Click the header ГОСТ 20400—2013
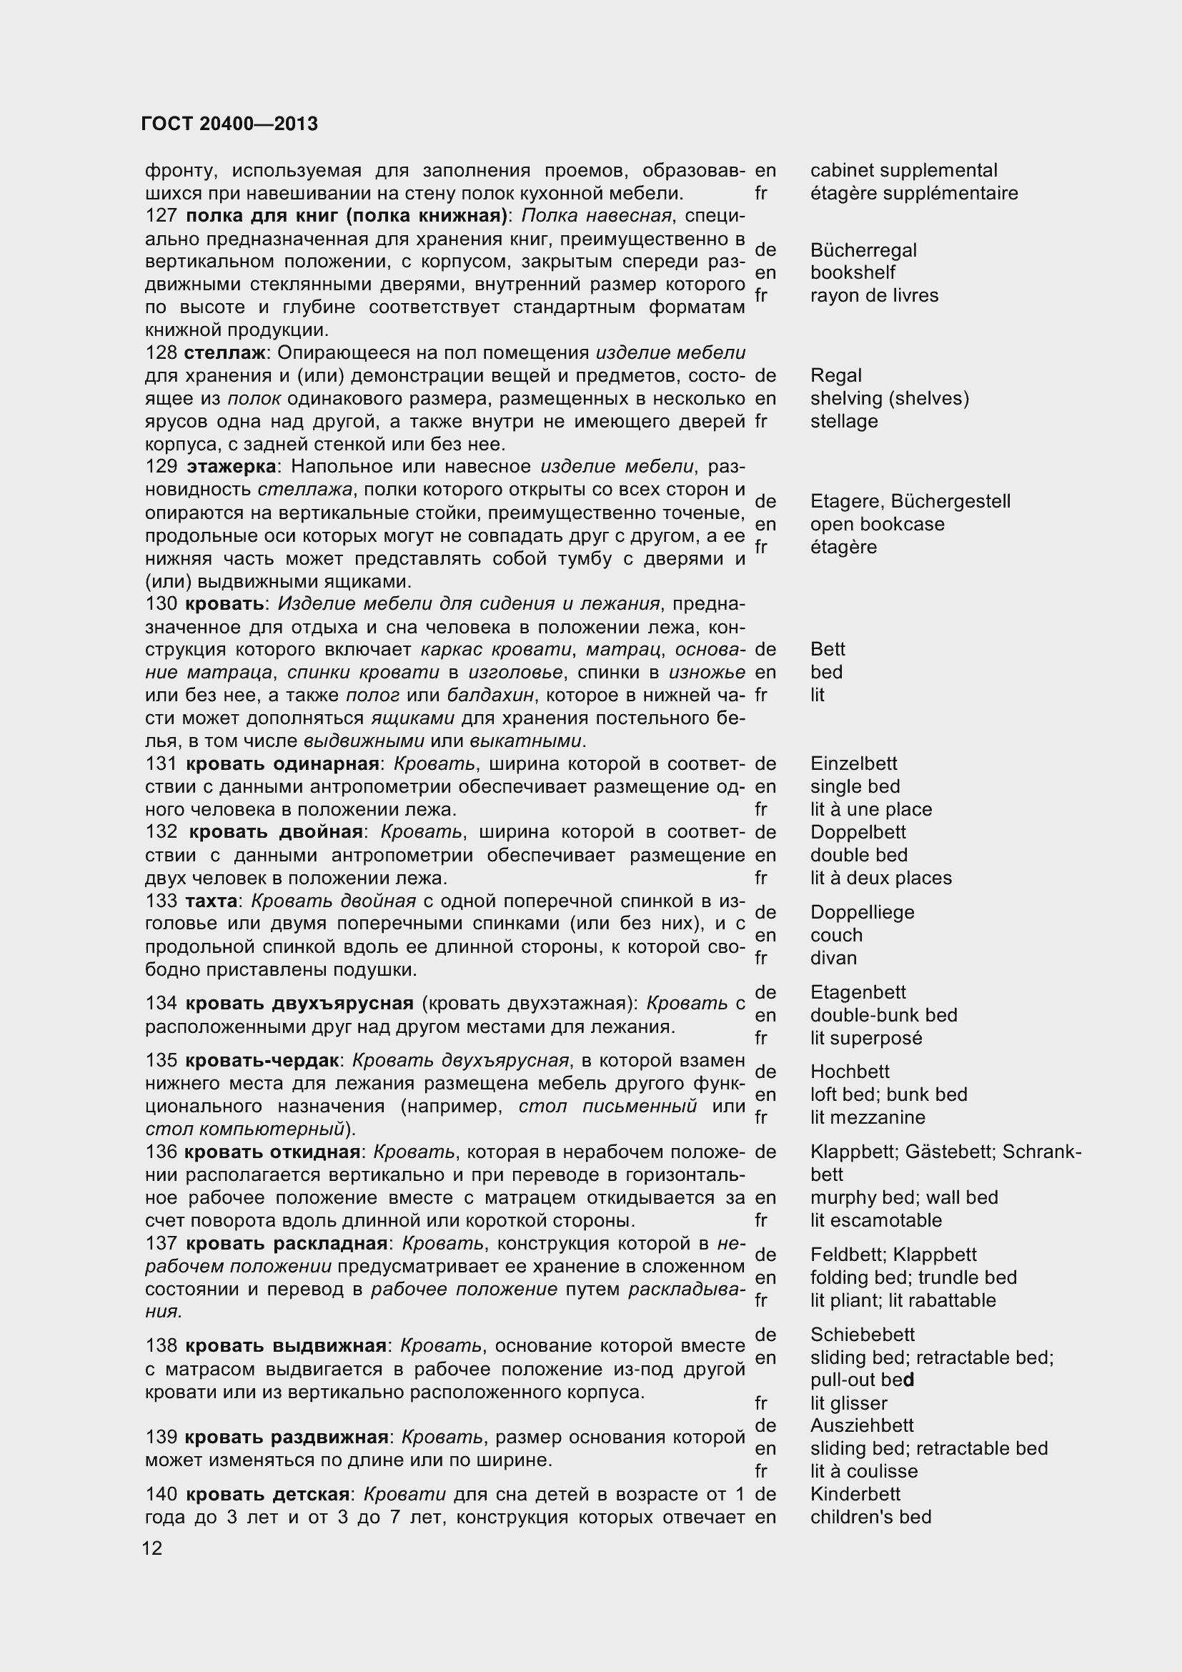click(x=229, y=124)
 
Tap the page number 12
click(x=153, y=1548)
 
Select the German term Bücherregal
click(x=863, y=250)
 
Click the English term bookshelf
click(x=853, y=273)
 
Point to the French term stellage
click(x=843, y=422)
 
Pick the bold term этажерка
click(x=232, y=467)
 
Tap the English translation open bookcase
click(x=877, y=524)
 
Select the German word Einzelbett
click(x=854, y=764)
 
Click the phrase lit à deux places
click(x=880, y=879)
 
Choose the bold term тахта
click(x=211, y=901)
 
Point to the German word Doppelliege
click(x=862, y=912)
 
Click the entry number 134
click(x=161, y=1004)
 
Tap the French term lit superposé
click(x=866, y=1039)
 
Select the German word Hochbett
click(x=850, y=1072)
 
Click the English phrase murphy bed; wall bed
click(x=904, y=1198)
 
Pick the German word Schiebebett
click(x=862, y=1335)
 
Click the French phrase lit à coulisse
click(x=864, y=1471)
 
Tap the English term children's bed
click(x=870, y=1517)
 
